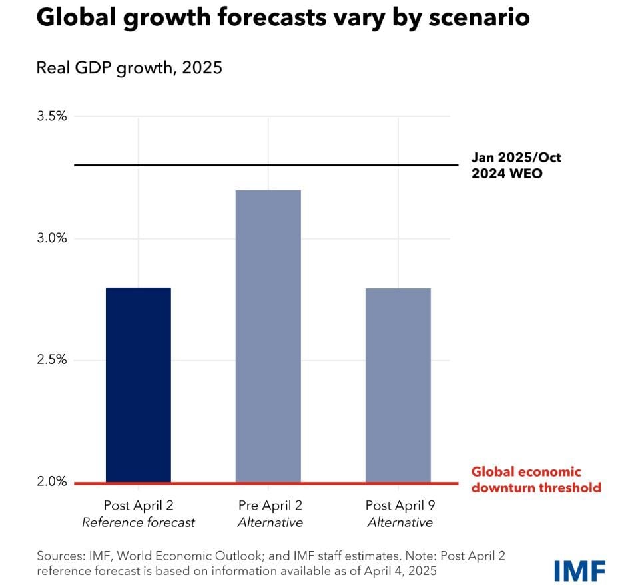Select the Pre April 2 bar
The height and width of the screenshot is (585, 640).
(268, 336)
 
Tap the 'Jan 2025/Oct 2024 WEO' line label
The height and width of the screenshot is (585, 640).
(516, 165)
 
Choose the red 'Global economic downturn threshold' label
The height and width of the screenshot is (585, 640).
(535, 480)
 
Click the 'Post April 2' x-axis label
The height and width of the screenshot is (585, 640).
(139, 505)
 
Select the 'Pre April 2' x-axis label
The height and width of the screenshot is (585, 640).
(270, 505)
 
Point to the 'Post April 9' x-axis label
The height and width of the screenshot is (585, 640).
(400, 505)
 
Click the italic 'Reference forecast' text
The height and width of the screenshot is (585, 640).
(139, 523)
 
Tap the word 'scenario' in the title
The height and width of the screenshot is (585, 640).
(467, 18)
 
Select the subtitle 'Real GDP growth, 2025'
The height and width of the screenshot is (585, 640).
(129, 68)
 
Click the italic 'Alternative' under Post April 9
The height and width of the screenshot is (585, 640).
(400, 523)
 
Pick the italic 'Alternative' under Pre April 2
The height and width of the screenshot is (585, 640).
(270, 523)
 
